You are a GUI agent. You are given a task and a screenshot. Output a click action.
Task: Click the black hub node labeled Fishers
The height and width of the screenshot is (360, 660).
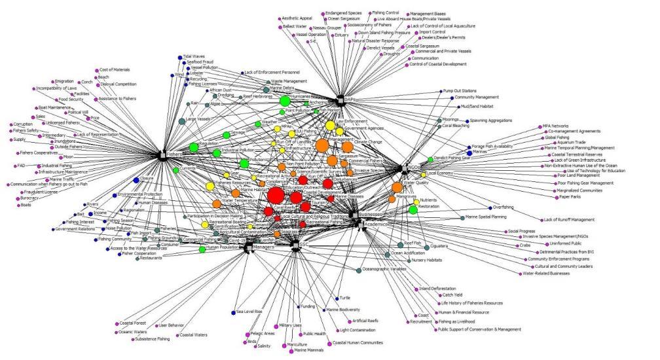(x=162, y=154)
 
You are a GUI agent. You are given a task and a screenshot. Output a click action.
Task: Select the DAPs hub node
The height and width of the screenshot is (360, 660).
(x=340, y=100)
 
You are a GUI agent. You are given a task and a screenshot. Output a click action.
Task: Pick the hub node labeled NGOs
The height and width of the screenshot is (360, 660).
(x=400, y=168)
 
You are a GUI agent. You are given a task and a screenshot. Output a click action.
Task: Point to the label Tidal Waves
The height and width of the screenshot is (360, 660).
(x=194, y=56)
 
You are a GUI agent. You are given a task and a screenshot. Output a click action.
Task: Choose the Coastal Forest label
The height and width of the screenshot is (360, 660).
(x=135, y=321)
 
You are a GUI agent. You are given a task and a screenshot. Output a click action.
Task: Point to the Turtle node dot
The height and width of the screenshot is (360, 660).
(x=338, y=298)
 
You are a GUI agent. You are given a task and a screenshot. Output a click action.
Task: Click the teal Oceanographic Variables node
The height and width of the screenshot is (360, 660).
(x=359, y=269)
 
